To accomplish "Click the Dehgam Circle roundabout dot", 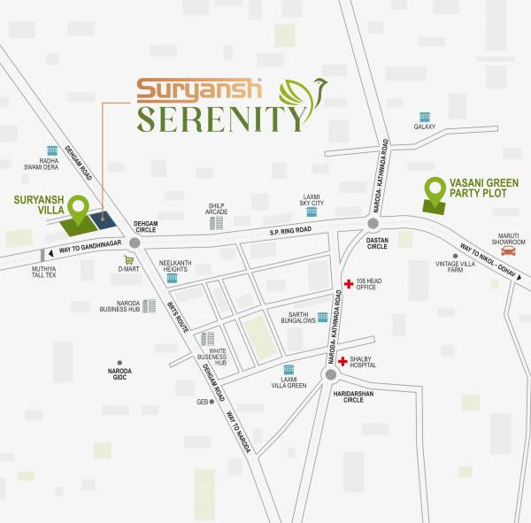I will tap(135, 242).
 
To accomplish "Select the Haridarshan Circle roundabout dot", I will tap(330, 374).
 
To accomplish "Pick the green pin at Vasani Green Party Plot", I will tap(434, 190).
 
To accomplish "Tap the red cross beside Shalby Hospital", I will tap(342, 361).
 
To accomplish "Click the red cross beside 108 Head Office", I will tap(349, 284).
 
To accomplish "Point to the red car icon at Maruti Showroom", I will tap(508, 250).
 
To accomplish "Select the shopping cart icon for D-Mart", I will tap(129, 260).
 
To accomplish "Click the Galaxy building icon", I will tap(425, 117).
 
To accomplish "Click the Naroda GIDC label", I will tap(119, 374).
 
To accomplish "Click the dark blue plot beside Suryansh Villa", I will tap(104, 221).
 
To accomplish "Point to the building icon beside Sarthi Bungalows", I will tap(323, 317).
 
